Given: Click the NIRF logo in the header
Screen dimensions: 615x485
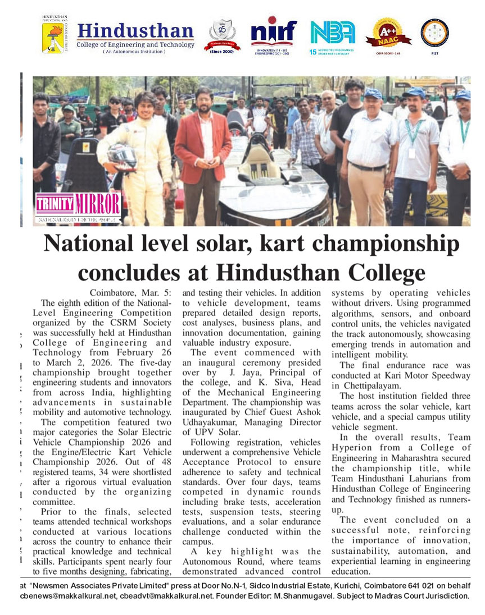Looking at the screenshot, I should coord(274,33).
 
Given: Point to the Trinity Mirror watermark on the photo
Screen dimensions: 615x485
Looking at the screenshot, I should coord(78,206).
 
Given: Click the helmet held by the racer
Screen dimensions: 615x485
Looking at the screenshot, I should coord(121,157).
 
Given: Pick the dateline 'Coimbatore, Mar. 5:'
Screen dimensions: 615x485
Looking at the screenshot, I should coord(130,293).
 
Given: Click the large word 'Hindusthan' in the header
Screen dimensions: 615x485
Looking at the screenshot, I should coord(135,30).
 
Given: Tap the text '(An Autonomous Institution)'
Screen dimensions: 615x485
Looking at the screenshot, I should coord(134,52).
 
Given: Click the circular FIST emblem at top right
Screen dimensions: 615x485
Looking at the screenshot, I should coord(434,33).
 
